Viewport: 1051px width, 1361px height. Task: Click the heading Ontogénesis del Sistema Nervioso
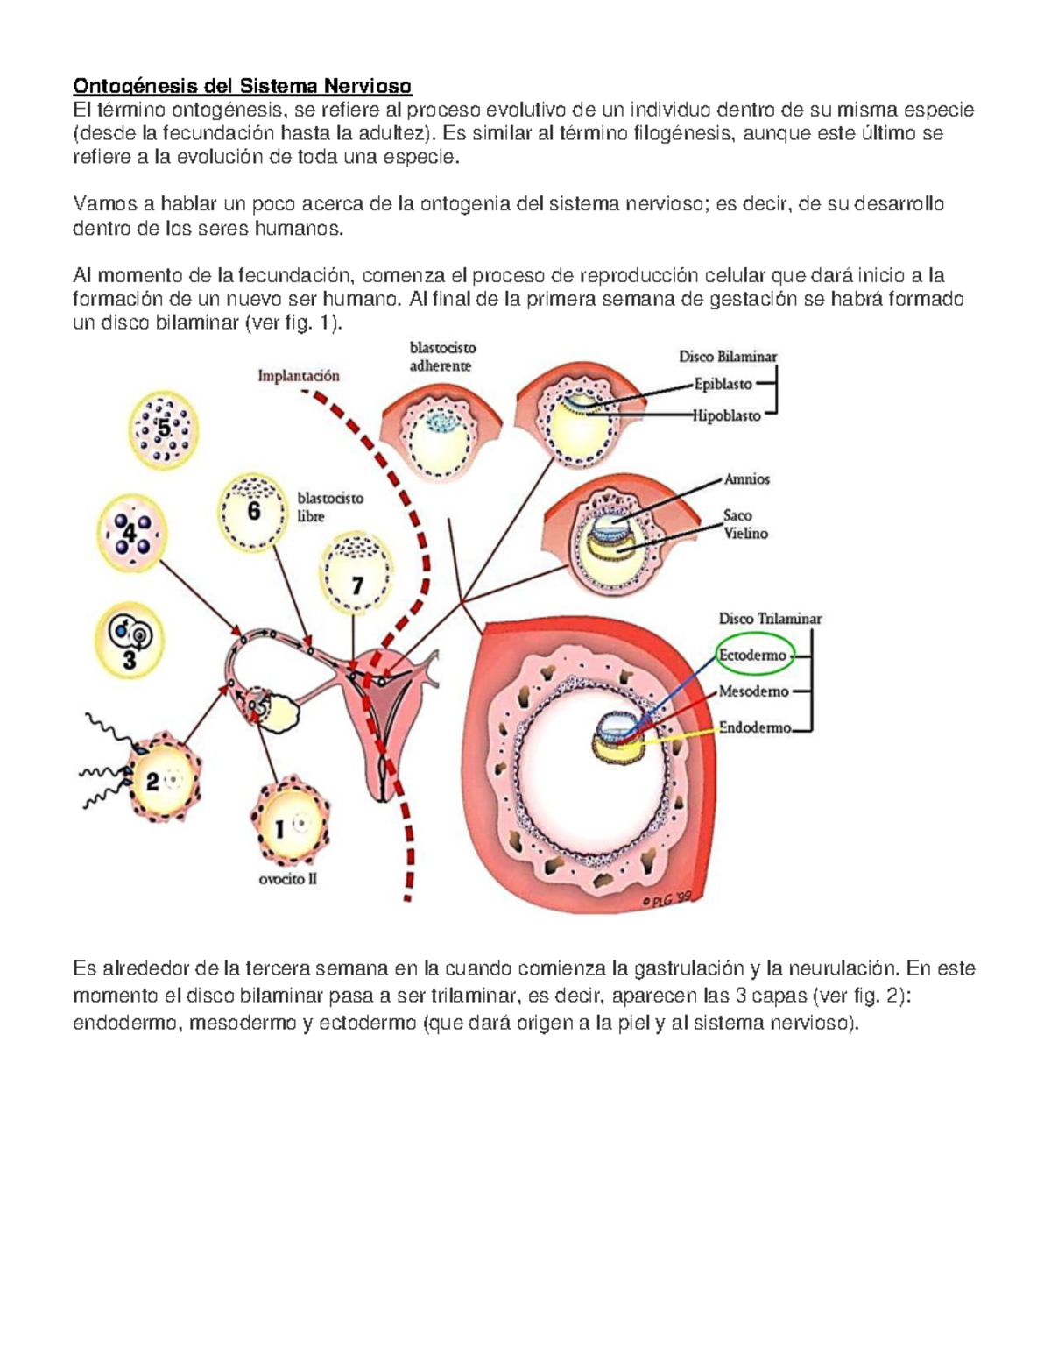[x=242, y=86]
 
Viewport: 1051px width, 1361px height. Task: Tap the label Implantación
[x=299, y=376]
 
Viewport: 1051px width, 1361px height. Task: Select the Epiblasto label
[x=723, y=384]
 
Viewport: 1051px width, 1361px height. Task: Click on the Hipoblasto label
[x=726, y=416]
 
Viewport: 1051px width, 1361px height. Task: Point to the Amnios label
[x=746, y=479]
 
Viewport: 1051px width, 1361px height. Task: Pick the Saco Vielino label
[x=744, y=524]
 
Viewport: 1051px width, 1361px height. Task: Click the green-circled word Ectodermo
[x=752, y=656]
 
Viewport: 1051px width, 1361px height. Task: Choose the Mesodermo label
[x=753, y=691]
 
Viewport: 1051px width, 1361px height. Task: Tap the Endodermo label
[x=755, y=727]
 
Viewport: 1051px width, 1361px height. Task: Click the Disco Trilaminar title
[x=770, y=619]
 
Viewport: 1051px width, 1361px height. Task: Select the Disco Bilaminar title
[x=728, y=357]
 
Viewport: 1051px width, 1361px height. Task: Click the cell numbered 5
[x=164, y=429]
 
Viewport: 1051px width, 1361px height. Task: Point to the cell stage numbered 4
[x=130, y=532]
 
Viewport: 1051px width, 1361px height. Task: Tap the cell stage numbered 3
[x=129, y=639]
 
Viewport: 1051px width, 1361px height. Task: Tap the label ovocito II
[x=287, y=879]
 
